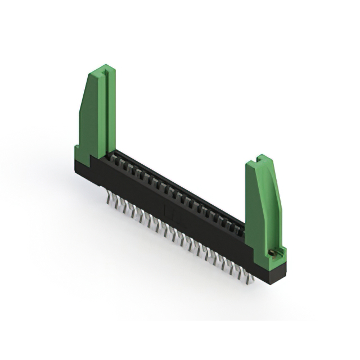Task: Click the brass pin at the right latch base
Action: pyautogui.click(x=273, y=253)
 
